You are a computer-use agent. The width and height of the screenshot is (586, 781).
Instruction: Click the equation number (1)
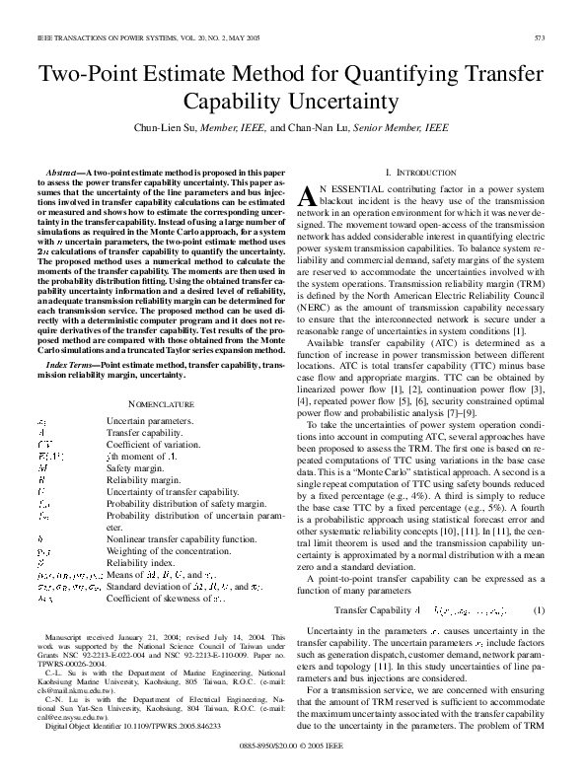click(x=539, y=583)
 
